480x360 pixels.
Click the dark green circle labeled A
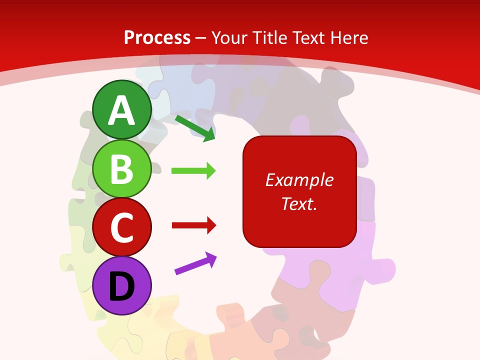pyautogui.click(x=122, y=109)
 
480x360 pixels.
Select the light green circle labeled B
pyautogui.click(x=122, y=169)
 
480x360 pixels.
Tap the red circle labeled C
pyautogui.click(x=122, y=227)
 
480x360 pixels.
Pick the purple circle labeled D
pyautogui.click(x=122, y=285)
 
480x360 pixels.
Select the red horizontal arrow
pyautogui.click(x=193, y=225)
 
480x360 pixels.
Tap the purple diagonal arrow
pyautogui.click(x=195, y=263)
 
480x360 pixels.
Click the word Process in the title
pyautogui.click(x=157, y=37)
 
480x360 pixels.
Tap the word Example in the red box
pyautogui.click(x=299, y=180)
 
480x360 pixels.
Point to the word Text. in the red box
pyautogui.click(x=299, y=203)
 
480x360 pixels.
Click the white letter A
pyautogui.click(x=122, y=110)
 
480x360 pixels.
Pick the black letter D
pyautogui.click(x=122, y=286)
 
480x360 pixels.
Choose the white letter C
pyautogui.click(x=122, y=228)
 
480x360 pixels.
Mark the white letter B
pyautogui.click(x=122, y=169)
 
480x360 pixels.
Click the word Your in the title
pyautogui.click(x=229, y=37)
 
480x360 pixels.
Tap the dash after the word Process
pyautogui.click(x=201, y=38)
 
